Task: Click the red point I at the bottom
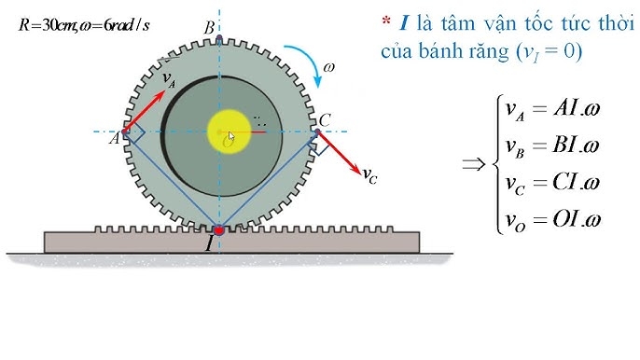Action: tap(218, 229)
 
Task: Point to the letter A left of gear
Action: tap(115, 138)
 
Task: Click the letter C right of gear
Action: tap(325, 119)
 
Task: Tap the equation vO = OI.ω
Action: tap(551, 219)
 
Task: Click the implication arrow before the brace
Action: tap(474, 165)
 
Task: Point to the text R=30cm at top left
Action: tap(46, 25)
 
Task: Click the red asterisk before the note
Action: tap(385, 21)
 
